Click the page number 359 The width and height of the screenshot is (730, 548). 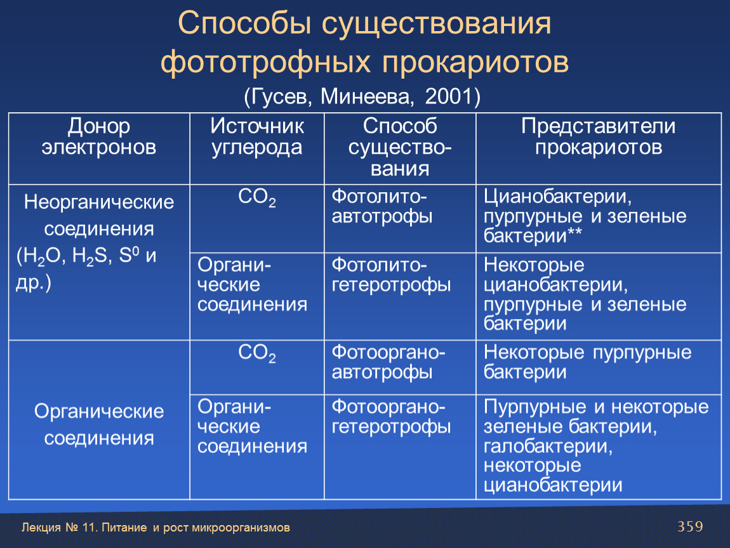pyautogui.click(x=690, y=526)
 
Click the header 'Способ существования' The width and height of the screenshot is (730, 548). pyautogui.click(x=400, y=147)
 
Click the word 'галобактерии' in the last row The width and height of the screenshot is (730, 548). pyautogui.click(x=548, y=446)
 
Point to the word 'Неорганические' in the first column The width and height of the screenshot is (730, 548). pyautogui.click(x=98, y=202)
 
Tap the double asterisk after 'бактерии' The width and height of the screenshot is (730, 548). pyautogui.click(x=574, y=232)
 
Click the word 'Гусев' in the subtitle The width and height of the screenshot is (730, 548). pyautogui.click(x=277, y=96)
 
